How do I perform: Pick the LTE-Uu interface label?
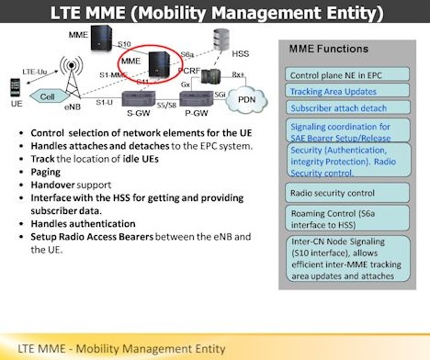(34, 70)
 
